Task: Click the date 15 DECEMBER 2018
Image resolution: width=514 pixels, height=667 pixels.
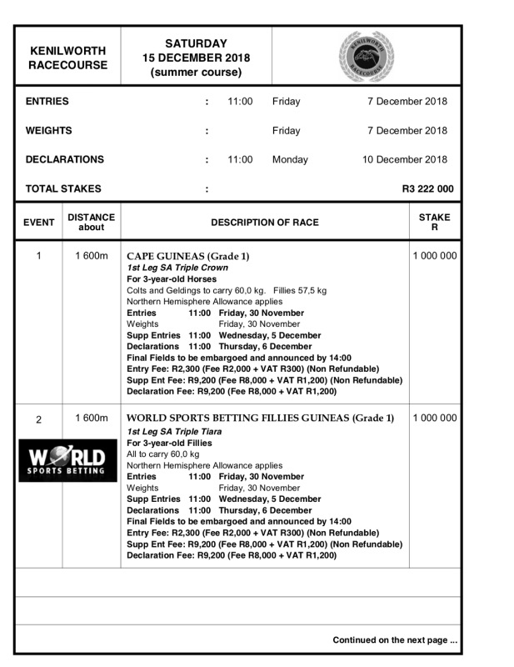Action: coord(196,58)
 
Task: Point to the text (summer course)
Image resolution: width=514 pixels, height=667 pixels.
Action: coord(196,73)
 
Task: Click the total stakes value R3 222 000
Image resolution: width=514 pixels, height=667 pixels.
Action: coord(427,189)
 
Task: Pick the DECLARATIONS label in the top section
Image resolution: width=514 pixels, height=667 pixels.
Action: coord(65,159)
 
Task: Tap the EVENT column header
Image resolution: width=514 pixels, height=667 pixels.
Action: coord(38,223)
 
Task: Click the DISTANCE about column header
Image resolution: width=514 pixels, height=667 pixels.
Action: coord(92,223)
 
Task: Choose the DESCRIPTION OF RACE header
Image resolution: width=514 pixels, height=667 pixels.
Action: coord(264,223)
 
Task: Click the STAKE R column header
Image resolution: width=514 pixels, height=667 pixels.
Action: coord(434,223)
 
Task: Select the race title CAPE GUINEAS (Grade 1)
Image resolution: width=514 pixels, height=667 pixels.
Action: coord(188,256)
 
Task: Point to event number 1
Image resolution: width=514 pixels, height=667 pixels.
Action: coord(38,256)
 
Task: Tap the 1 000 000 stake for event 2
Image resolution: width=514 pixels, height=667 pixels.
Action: coord(434,418)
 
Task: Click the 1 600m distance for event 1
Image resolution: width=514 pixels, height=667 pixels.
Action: coord(92,256)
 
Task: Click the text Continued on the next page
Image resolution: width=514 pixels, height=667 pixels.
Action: coord(395,640)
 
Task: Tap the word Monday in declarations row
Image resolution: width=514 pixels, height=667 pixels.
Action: coord(290,159)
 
